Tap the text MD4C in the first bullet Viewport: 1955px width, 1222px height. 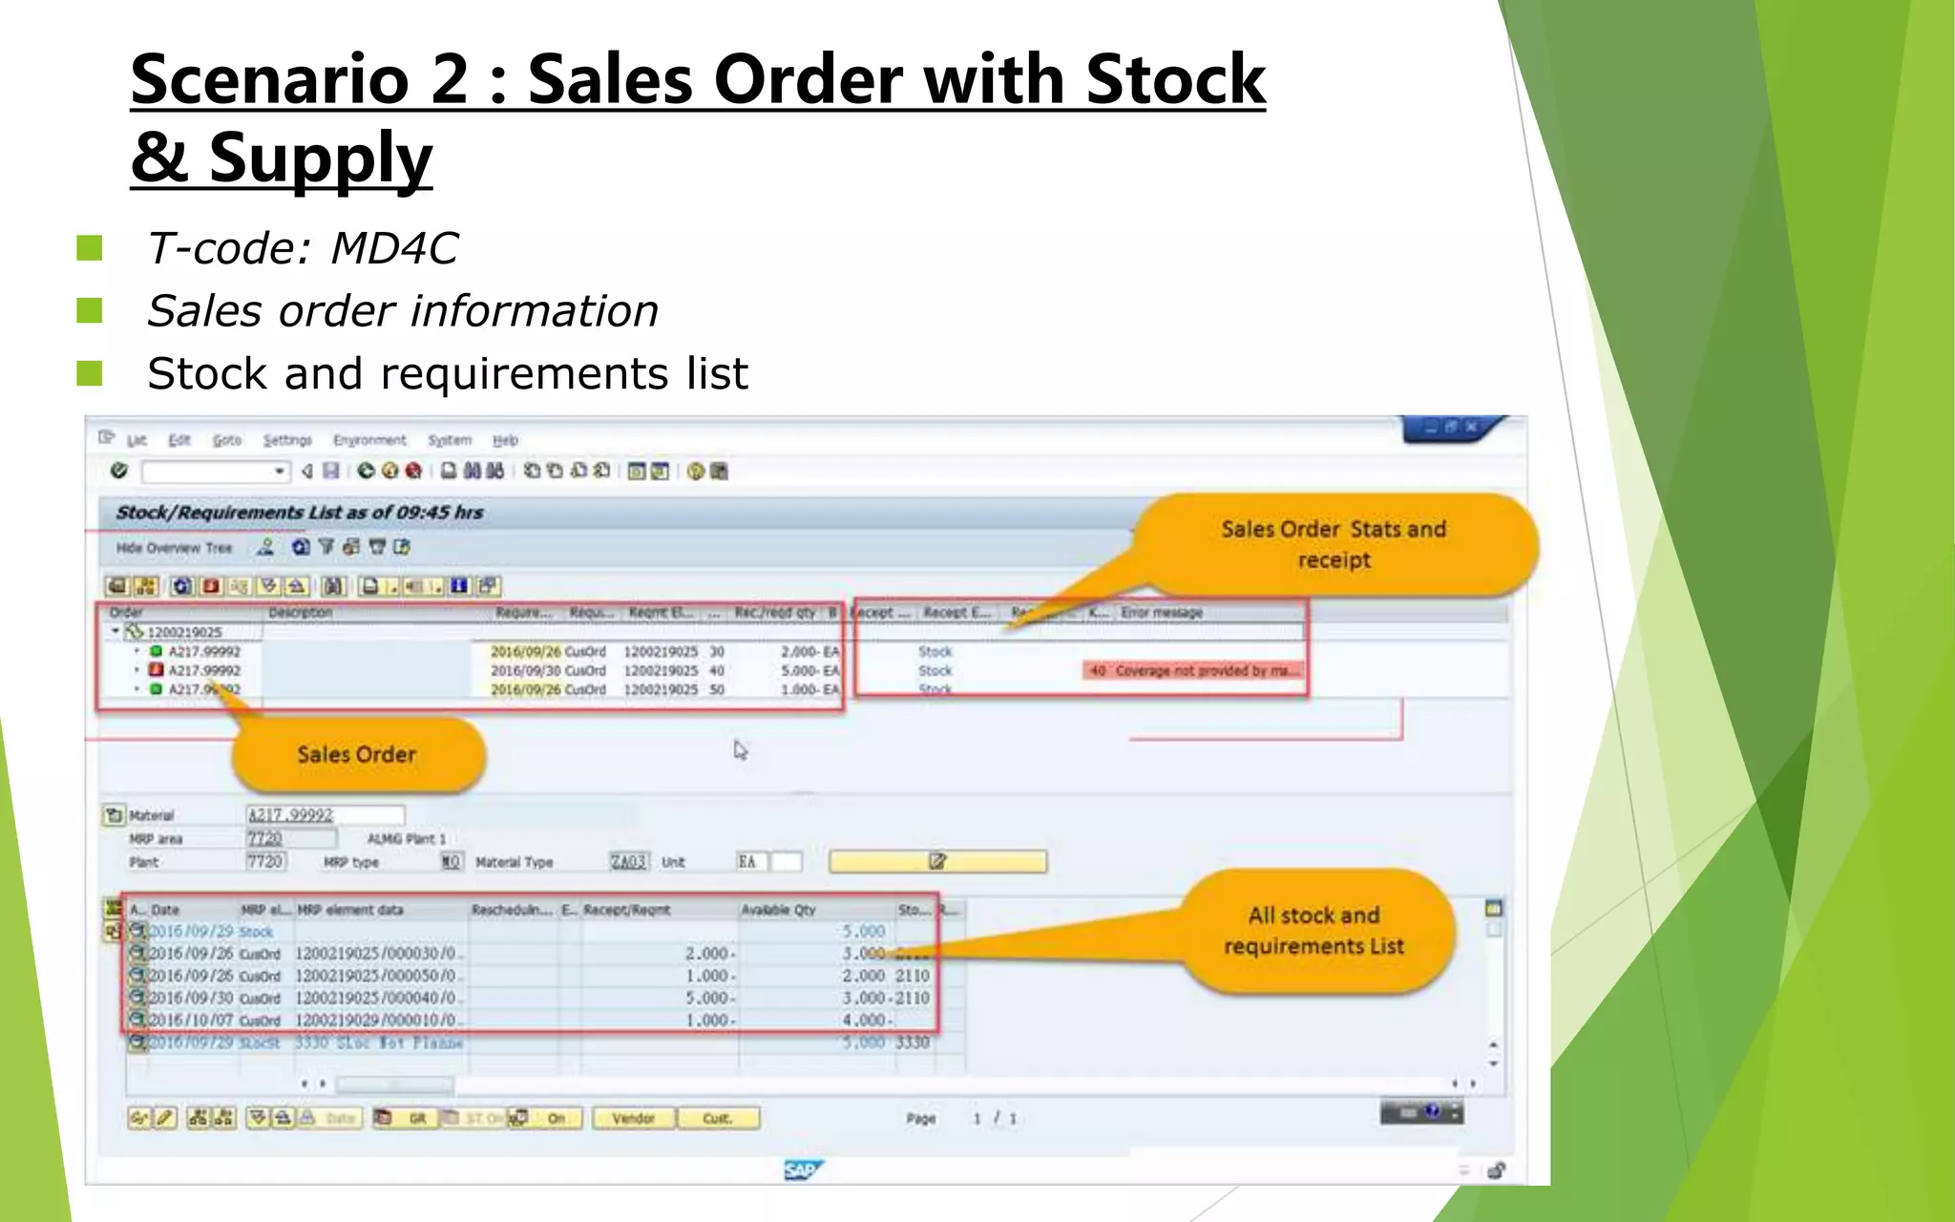pos(393,249)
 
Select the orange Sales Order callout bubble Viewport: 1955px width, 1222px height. pos(357,754)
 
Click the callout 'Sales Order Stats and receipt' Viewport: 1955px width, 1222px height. pos(1334,544)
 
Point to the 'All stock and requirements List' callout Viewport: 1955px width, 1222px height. pos(1314,931)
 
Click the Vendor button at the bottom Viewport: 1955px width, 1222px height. pos(633,1118)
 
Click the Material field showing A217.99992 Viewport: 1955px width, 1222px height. pos(325,814)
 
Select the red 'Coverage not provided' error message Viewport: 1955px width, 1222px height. pos(1194,670)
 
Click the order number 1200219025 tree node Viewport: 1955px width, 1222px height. pos(184,632)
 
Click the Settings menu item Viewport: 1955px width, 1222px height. pos(287,440)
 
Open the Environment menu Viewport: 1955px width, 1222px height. pos(369,440)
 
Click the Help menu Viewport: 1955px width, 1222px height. pos(505,440)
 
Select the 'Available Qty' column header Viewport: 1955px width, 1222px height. pos(778,910)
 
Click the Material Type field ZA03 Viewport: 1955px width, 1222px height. pos(628,862)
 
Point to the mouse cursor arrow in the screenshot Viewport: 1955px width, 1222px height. pos(740,750)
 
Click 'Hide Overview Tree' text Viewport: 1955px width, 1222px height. pos(174,548)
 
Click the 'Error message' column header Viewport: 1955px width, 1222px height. pos(1162,612)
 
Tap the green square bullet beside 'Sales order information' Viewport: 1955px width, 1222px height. pos(90,311)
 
